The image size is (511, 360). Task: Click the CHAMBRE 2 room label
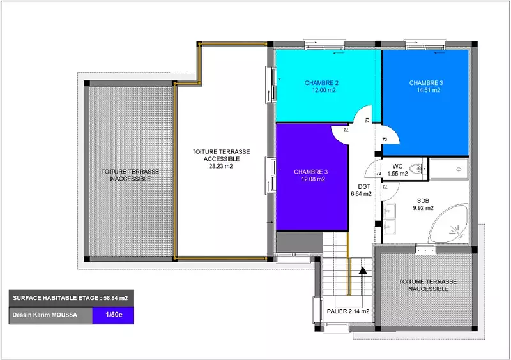point(321,83)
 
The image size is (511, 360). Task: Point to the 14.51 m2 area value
point(428,90)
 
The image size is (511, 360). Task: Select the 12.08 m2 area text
point(313,179)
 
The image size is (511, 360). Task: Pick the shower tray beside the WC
point(449,169)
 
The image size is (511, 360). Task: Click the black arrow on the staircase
point(363,271)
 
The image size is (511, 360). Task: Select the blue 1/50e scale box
point(113,315)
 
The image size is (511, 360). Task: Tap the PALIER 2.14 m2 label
point(348,311)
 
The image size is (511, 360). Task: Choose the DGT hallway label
point(364,187)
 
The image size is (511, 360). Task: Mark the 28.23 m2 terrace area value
point(221,166)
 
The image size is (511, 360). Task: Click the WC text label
point(397,167)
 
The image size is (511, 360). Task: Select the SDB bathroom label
point(423,201)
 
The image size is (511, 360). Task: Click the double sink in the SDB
point(390,219)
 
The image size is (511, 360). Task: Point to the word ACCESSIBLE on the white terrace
point(222,159)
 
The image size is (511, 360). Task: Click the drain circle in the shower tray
point(459,169)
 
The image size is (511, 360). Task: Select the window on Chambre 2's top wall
point(324,44)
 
